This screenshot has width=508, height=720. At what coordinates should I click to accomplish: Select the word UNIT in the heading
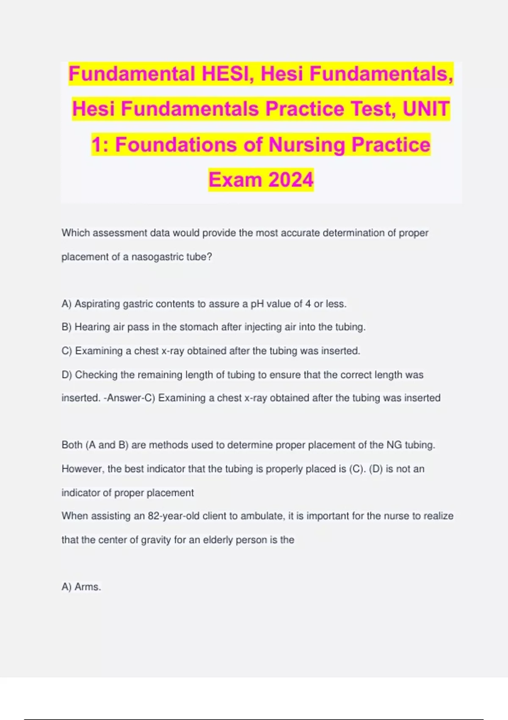tap(426, 109)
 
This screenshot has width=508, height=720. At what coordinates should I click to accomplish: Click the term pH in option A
tap(257, 304)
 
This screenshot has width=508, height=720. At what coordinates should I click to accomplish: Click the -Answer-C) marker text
tap(129, 398)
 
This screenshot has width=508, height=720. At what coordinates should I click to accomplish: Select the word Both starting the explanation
tap(72, 445)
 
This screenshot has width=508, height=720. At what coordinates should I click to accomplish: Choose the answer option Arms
tap(87, 587)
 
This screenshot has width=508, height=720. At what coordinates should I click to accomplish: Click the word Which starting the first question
tap(76, 233)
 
